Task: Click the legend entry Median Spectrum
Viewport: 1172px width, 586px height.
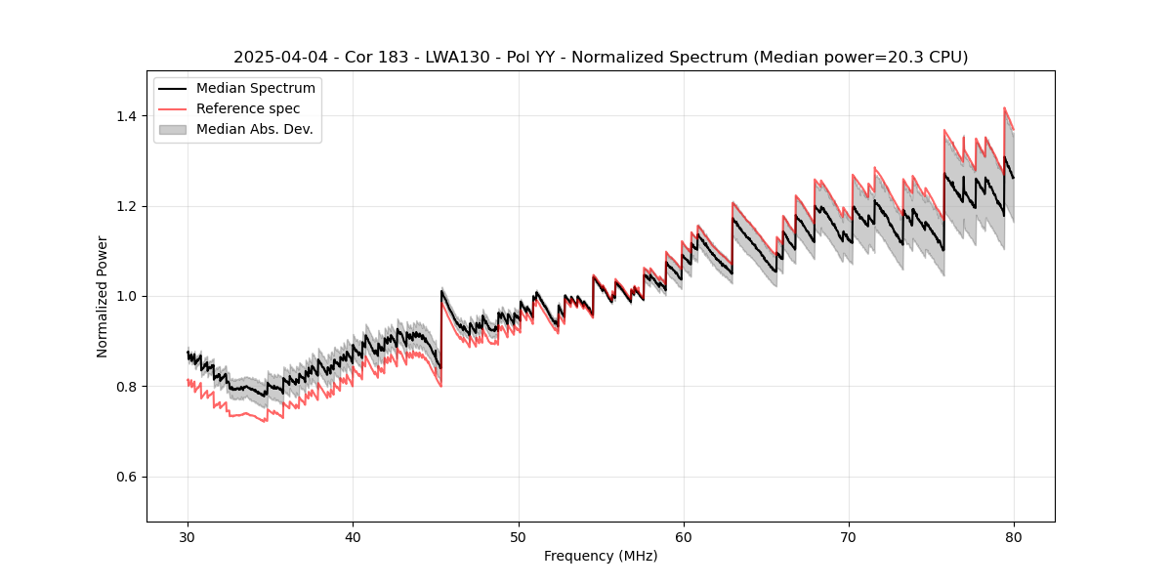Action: click(255, 89)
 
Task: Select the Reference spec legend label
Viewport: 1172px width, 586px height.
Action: click(248, 109)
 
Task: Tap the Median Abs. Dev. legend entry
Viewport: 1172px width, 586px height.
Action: click(254, 130)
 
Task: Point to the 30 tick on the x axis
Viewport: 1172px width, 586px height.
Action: click(188, 537)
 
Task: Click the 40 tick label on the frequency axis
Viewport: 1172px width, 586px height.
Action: click(353, 537)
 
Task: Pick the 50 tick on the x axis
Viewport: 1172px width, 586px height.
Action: click(518, 537)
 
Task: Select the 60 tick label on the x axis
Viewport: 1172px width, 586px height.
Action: click(684, 537)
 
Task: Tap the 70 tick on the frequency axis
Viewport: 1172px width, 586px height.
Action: click(849, 537)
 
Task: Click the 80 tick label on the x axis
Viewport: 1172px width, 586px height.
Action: click(1014, 537)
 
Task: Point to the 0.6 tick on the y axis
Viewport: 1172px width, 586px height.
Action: click(129, 477)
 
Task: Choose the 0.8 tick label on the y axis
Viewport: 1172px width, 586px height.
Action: click(129, 387)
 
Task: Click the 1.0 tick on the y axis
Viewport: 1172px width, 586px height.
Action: click(129, 296)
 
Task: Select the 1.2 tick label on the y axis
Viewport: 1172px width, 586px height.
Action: click(129, 206)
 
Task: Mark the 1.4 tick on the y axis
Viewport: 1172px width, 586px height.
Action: click(129, 116)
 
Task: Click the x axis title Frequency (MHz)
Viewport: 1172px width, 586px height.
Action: click(601, 557)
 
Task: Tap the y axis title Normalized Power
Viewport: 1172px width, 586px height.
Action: click(103, 296)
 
